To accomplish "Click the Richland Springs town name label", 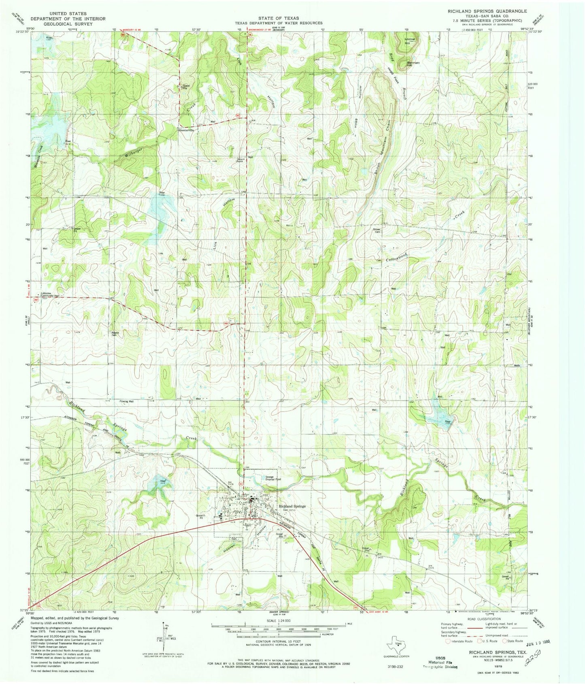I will pyautogui.click(x=292, y=506).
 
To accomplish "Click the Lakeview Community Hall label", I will pyautogui.click(x=49, y=294).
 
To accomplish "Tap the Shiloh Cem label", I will pyautogui.click(x=377, y=230).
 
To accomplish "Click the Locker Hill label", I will pyautogui.click(x=410, y=40).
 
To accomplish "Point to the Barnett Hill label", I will pyautogui.click(x=413, y=64).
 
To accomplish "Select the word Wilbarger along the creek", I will pyautogui.click(x=134, y=154).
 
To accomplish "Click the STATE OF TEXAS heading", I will pyautogui.click(x=280, y=18).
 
